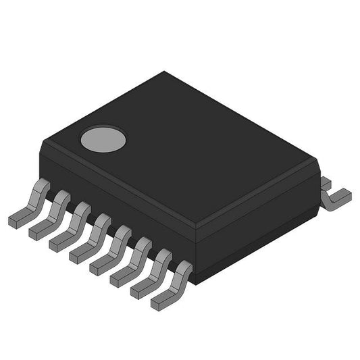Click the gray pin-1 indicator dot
[103, 139]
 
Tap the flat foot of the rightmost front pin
[161, 302]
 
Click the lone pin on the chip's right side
[336, 196]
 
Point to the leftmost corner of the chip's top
[43, 142]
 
